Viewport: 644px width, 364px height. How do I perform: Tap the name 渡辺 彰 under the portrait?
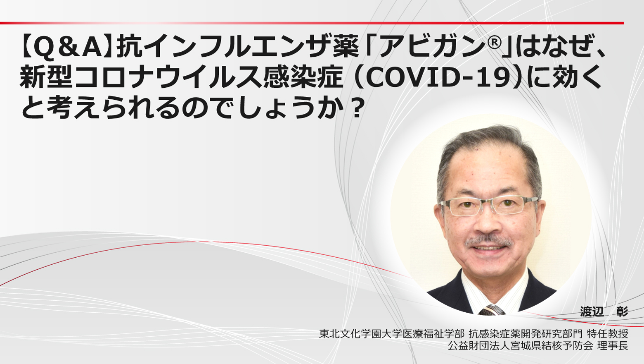604,311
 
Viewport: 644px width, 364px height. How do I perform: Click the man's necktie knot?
491,309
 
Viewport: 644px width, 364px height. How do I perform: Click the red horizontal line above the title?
312,23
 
